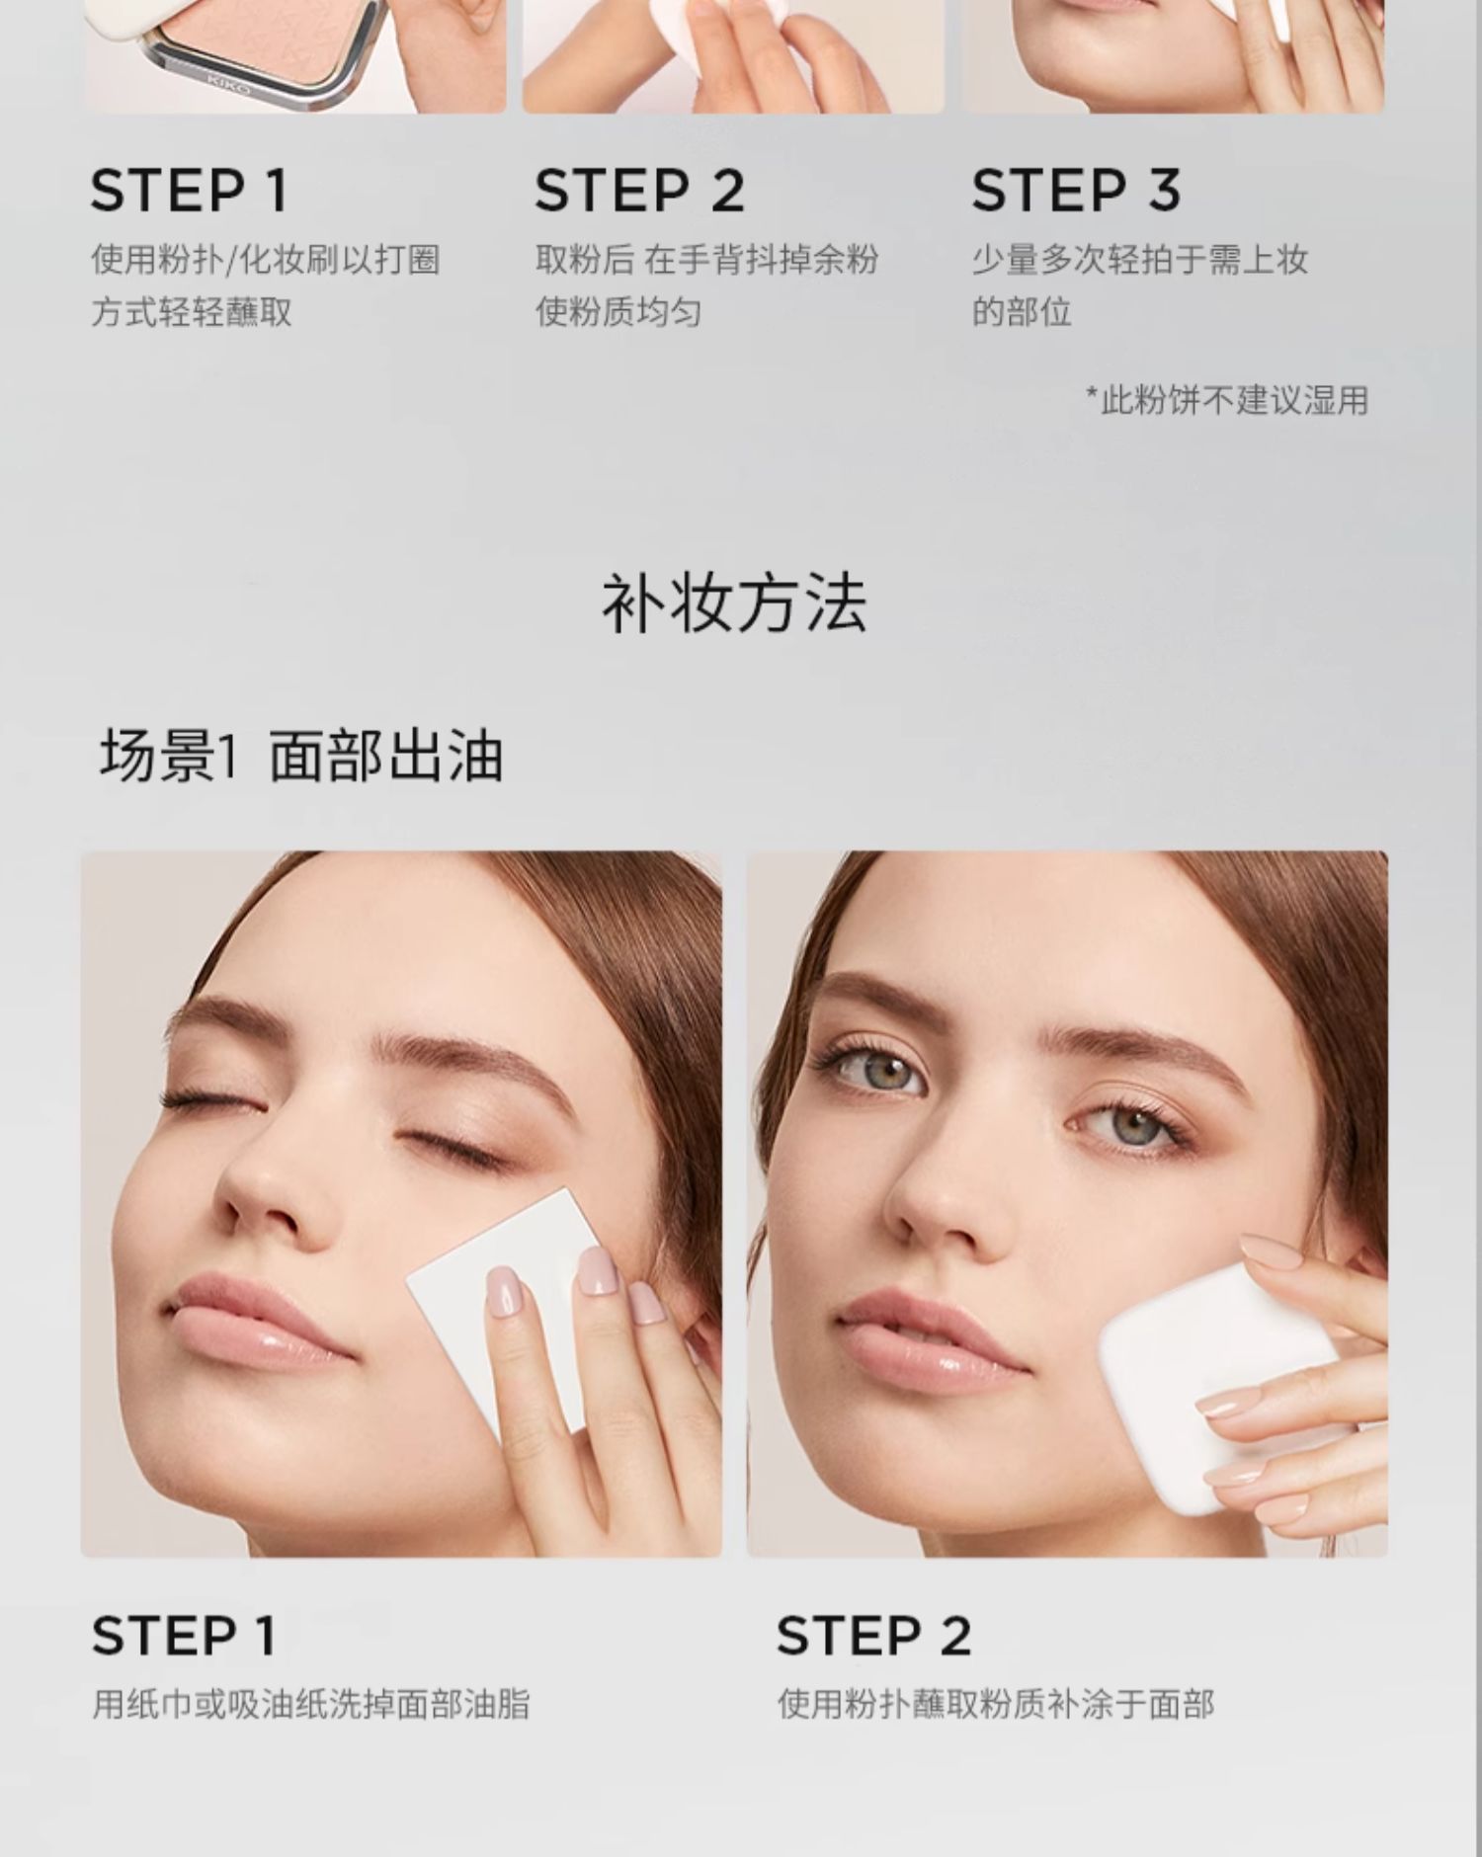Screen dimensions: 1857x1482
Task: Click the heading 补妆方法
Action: (x=734, y=604)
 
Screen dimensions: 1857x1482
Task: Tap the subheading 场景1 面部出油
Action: (x=301, y=757)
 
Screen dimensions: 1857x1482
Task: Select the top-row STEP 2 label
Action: (x=639, y=191)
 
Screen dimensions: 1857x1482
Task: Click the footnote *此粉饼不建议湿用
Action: (x=1227, y=400)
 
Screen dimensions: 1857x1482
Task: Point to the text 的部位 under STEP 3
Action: (x=1022, y=312)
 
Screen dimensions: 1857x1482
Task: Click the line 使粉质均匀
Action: (x=618, y=312)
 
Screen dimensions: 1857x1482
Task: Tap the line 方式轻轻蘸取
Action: (x=192, y=312)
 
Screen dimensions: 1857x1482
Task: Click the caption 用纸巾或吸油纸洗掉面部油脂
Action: (x=310, y=1704)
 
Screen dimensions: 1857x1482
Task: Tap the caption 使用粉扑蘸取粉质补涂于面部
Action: (x=995, y=1704)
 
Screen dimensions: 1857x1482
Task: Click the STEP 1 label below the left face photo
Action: (x=184, y=1636)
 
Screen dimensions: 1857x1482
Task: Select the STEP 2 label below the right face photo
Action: (x=873, y=1636)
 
